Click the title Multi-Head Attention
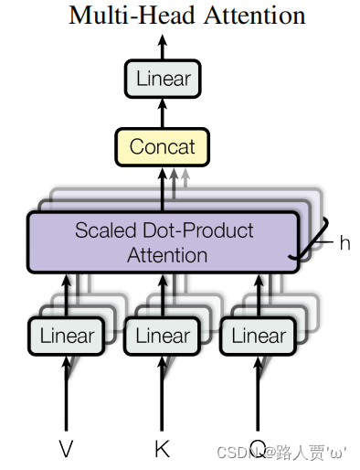click(186, 16)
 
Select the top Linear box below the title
click(163, 80)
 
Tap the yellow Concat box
click(163, 146)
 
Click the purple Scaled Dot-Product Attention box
click(164, 242)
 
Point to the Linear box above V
click(66, 336)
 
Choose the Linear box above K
click(163, 336)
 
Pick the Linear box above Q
click(259, 336)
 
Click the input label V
click(66, 448)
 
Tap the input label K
click(163, 448)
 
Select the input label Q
click(259, 448)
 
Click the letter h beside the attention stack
click(344, 242)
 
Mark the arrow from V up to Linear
click(66, 393)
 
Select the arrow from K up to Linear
click(163, 393)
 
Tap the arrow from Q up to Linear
click(259, 393)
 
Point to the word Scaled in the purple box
click(102, 230)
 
